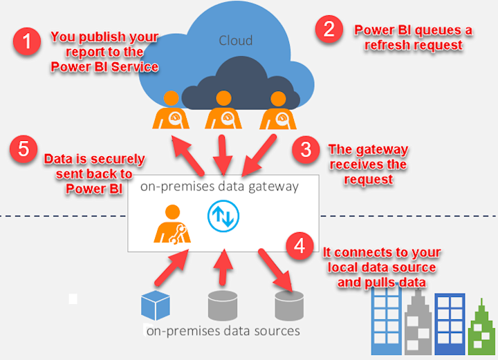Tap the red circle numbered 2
click(x=329, y=29)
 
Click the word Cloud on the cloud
click(x=235, y=39)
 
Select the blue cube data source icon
click(x=155, y=305)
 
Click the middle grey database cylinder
click(x=222, y=306)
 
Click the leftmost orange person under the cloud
click(x=169, y=111)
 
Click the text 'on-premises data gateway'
click(x=219, y=187)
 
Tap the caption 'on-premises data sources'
click(x=223, y=331)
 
